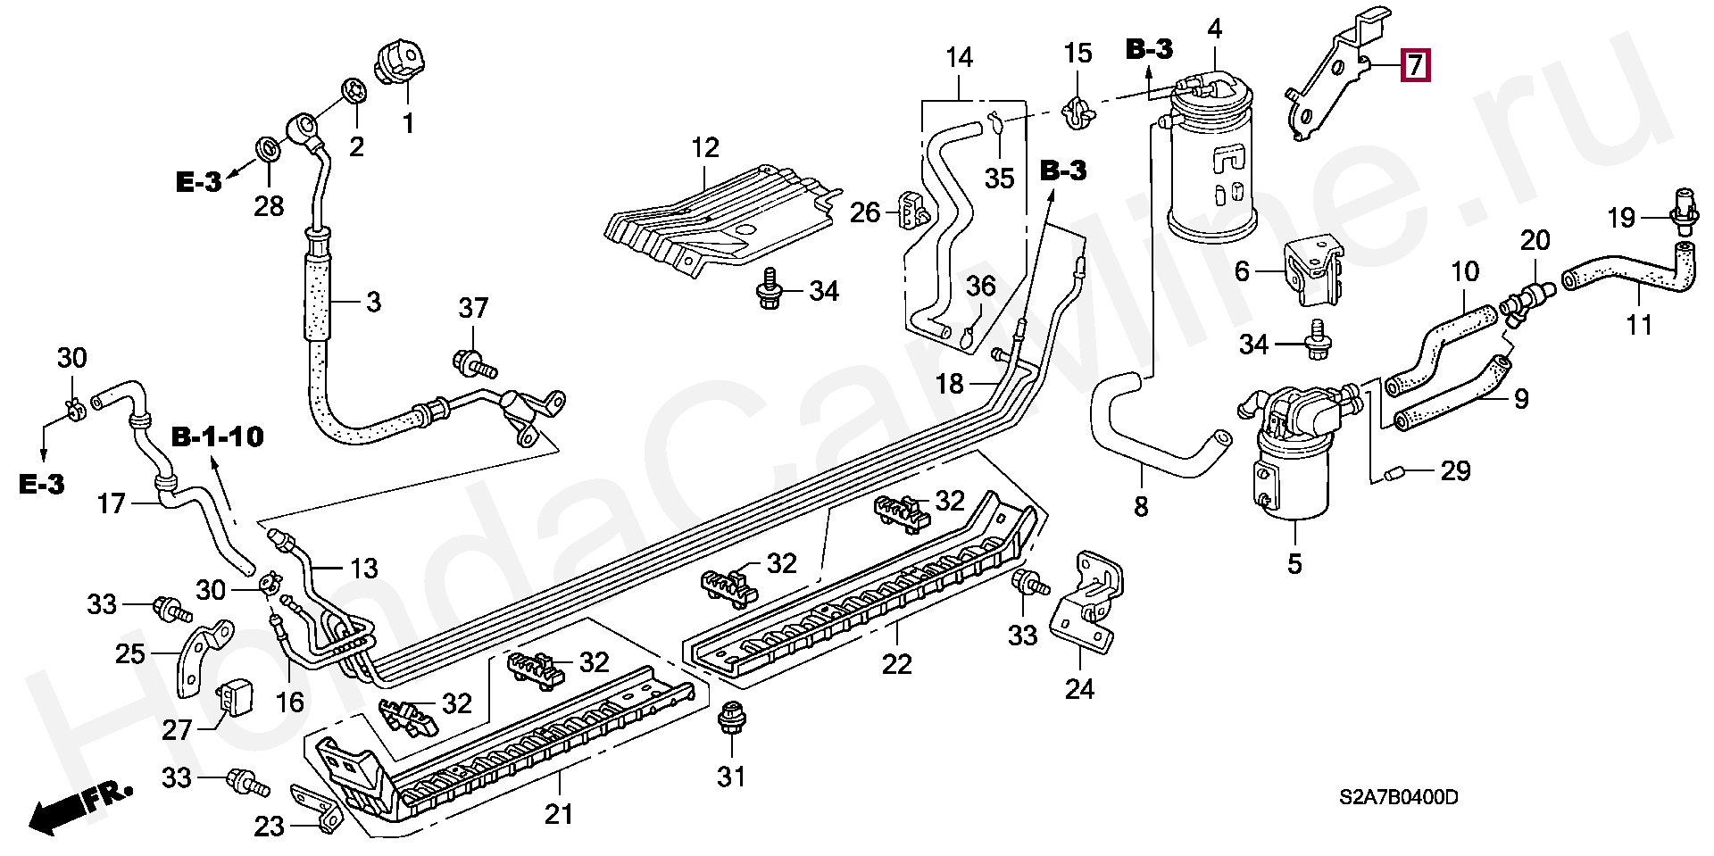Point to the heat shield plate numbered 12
coord(714,214)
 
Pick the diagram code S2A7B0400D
coord(1398,797)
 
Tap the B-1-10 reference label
coord(218,436)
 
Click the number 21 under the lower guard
coord(559,814)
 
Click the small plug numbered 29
coord(1394,472)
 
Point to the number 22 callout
coord(897,664)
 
